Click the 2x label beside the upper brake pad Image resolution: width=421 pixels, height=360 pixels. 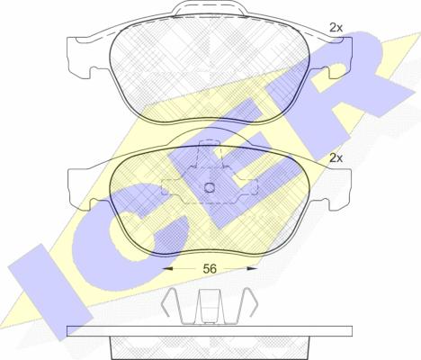coord(336,28)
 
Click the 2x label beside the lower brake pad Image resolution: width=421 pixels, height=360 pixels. coord(336,157)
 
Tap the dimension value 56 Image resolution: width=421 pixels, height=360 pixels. coord(210,269)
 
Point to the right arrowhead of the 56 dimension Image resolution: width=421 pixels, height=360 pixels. coord(253,268)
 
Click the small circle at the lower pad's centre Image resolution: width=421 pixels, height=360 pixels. coord(210,188)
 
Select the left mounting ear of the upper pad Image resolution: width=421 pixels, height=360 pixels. coord(84,57)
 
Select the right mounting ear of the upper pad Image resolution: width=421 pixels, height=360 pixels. coord(335,57)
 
